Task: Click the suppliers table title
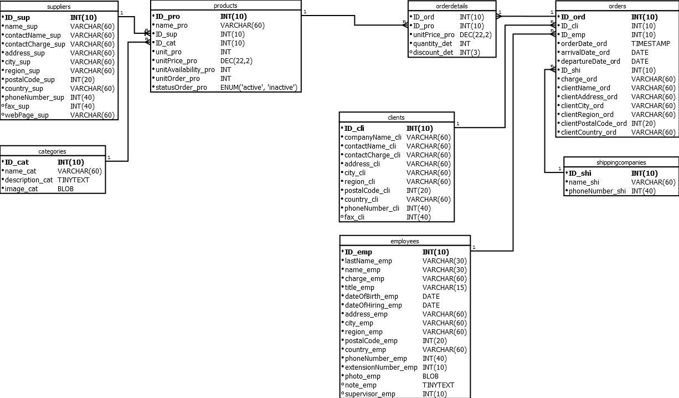(59, 6)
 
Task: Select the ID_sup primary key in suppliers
(17, 18)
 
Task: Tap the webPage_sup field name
(27, 115)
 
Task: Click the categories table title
(53, 151)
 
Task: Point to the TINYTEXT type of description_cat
(73, 180)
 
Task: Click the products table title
(225, 6)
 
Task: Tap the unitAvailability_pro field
(185, 70)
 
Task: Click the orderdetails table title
(452, 6)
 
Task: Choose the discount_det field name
(434, 53)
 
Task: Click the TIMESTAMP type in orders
(651, 44)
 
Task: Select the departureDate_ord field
(590, 62)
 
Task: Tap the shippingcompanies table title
(621, 162)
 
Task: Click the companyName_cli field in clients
(373, 137)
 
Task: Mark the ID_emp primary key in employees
(358, 252)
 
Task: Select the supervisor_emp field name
(370, 394)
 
